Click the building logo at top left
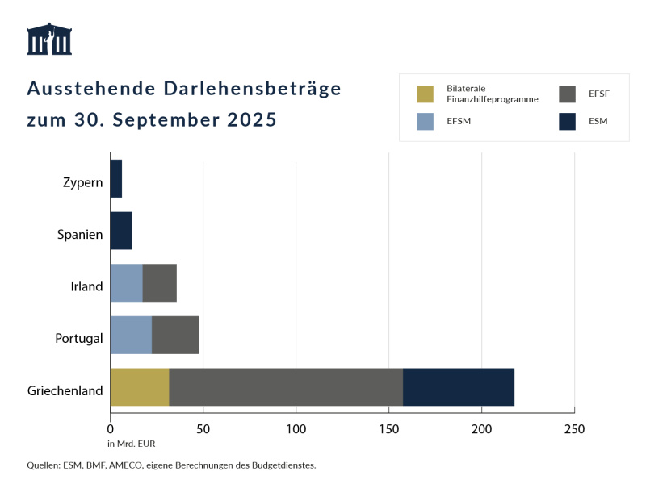tap(49, 39)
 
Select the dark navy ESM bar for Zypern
tap(115, 178)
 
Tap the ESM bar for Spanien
tap(120, 231)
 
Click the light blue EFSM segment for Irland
tap(126, 283)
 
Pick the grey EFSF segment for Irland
tap(159, 283)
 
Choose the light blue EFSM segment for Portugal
tap(131, 335)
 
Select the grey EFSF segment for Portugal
tap(175, 335)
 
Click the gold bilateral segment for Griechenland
tap(139, 387)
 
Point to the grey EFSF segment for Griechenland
tap(285, 387)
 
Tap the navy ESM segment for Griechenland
tap(458, 387)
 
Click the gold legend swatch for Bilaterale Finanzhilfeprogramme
tap(426, 94)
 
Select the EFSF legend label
tap(599, 94)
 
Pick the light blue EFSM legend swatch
tap(426, 122)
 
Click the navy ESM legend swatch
tap(568, 122)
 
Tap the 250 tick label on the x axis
tap(574, 428)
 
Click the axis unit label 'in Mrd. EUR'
tap(131, 444)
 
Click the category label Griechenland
tap(65, 391)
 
